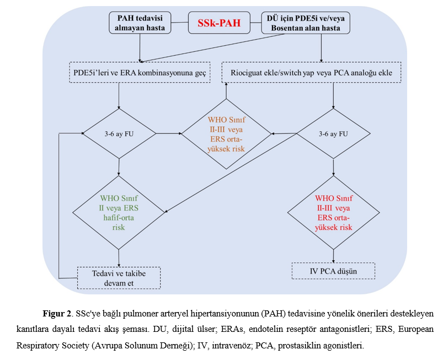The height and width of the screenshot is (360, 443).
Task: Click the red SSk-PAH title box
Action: (x=219, y=23)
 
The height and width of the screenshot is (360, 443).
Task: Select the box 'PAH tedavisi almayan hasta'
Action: (x=140, y=23)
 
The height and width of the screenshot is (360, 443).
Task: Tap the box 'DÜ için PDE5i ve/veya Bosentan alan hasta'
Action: (x=306, y=23)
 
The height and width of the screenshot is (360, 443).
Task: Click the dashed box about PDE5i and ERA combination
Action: (x=140, y=73)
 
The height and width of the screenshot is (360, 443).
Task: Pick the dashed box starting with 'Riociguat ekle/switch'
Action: (x=311, y=73)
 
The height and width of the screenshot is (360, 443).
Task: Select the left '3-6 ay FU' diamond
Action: (x=119, y=133)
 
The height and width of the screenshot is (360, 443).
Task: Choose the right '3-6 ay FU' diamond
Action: (x=333, y=133)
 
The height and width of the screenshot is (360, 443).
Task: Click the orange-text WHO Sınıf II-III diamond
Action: (x=226, y=134)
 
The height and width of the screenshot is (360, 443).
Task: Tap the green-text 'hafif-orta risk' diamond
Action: (x=119, y=213)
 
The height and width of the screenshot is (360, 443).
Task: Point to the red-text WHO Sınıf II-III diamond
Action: (x=333, y=213)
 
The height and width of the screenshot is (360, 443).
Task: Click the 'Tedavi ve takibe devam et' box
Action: (x=119, y=278)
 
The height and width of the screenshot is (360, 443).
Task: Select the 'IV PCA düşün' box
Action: (x=333, y=271)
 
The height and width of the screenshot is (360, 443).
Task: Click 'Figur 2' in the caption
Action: (x=57, y=314)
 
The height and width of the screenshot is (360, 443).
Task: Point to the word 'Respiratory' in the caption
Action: (x=36, y=346)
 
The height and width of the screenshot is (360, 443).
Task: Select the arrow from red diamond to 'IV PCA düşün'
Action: (x=333, y=256)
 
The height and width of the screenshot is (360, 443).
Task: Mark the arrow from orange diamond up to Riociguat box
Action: (x=226, y=90)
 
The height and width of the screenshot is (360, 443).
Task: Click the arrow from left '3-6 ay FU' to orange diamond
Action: (x=169, y=133)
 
